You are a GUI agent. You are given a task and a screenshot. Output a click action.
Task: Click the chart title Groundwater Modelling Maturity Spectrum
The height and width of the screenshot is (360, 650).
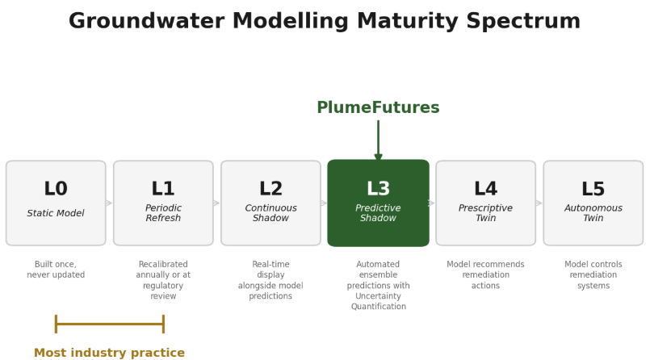[x=325, y=22]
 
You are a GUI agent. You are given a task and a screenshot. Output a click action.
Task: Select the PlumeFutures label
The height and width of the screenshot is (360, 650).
[x=378, y=108]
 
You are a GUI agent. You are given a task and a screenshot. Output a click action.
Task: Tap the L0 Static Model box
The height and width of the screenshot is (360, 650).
[x=56, y=203]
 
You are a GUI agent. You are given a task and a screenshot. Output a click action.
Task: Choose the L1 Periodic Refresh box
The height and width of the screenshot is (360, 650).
[x=163, y=203]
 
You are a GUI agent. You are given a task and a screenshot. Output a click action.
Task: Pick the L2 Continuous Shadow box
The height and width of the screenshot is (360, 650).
[x=270, y=203]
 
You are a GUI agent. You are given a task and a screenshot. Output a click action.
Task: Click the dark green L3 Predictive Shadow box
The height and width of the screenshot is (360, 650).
[x=378, y=203]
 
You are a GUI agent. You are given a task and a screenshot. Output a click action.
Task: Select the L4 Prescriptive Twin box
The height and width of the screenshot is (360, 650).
[x=485, y=203]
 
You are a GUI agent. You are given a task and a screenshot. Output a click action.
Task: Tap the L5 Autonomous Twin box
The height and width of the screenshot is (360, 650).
[x=593, y=203]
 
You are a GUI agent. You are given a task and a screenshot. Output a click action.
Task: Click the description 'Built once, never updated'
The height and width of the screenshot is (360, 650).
[x=56, y=270]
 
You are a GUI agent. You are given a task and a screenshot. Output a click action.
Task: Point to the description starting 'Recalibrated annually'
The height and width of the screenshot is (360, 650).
[x=163, y=280]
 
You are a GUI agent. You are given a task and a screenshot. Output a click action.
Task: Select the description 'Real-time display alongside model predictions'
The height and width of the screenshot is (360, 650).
[x=270, y=280]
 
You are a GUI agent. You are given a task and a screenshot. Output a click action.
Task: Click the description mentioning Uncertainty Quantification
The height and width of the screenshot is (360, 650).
[x=378, y=285]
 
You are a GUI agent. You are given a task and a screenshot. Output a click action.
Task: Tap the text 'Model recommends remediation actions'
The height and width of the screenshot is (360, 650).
[x=485, y=274]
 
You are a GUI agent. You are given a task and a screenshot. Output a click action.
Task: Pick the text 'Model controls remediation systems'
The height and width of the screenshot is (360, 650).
[x=593, y=274]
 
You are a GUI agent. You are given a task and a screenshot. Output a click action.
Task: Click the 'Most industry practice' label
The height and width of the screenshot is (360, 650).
[x=109, y=353]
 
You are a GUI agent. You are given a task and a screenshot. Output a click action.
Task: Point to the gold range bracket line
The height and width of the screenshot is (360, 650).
[x=109, y=324]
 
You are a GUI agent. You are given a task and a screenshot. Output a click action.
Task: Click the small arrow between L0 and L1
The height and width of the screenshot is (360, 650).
[x=109, y=203]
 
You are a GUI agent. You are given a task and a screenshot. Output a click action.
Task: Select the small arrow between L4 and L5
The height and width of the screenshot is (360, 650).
[x=539, y=203]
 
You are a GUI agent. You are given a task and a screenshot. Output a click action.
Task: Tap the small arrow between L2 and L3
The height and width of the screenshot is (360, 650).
[x=324, y=203]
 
